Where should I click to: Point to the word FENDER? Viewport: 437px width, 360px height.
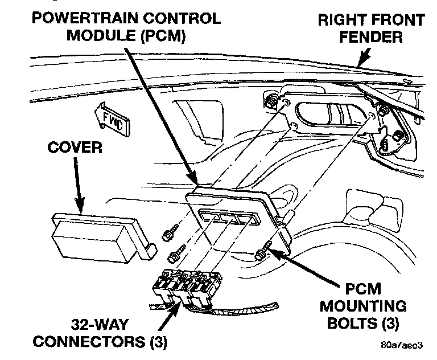[370, 38]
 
